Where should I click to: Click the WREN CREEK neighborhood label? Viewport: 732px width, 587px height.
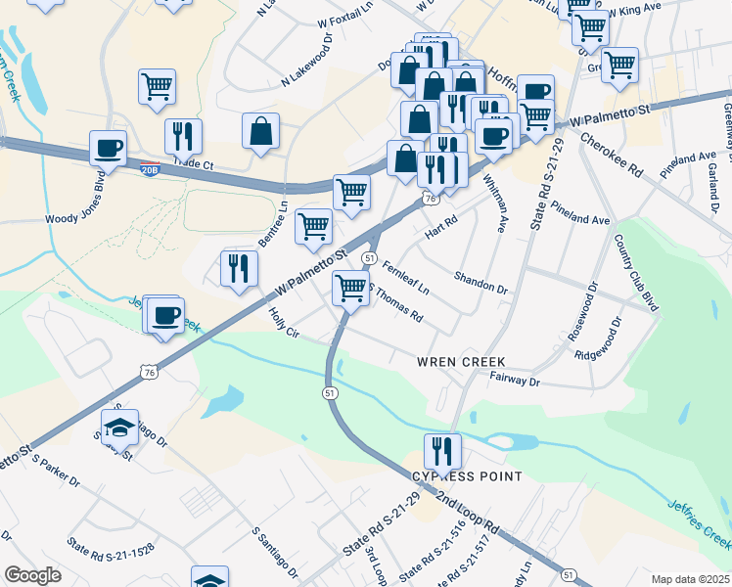coord(461,362)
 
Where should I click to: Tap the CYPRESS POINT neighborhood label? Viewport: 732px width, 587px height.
coord(465,476)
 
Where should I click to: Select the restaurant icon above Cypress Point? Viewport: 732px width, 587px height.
coord(442,452)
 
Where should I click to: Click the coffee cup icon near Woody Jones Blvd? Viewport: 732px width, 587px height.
coord(108,149)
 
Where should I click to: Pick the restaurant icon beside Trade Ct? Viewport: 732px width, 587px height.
coord(183,137)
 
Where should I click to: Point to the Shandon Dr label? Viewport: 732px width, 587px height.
coord(480,284)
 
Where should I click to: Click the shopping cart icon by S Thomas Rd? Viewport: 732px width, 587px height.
coord(350,289)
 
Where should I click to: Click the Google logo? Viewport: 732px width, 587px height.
coord(32,575)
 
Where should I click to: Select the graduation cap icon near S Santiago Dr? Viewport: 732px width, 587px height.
coord(119,428)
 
